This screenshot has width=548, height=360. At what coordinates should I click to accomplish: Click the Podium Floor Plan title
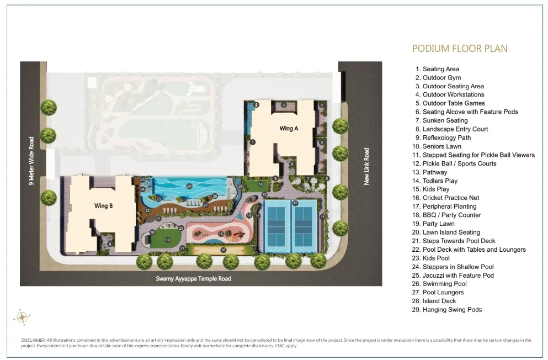[460, 49]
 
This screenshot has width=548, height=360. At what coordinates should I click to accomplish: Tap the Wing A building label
[289, 128]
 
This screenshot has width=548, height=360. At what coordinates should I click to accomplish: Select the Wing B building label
[103, 206]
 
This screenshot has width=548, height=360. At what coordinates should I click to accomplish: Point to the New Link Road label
[366, 166]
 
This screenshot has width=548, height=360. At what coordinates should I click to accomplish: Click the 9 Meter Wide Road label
[32, 161]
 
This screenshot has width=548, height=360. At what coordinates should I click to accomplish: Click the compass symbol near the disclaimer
[22, 317]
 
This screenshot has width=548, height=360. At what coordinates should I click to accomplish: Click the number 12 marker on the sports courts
[295, 204]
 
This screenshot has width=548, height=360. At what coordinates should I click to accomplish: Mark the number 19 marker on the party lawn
[168, 240]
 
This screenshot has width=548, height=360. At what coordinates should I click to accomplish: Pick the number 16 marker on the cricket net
[224, 250]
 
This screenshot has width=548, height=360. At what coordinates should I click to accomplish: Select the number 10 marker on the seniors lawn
[260, 184]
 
